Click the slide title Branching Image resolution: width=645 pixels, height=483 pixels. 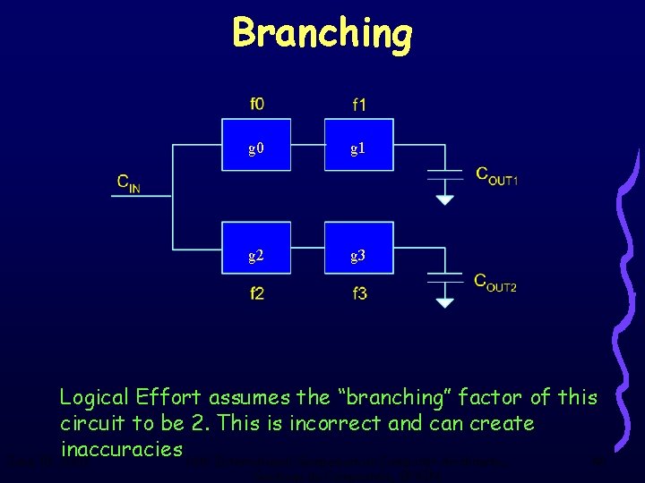[x=322, y=34]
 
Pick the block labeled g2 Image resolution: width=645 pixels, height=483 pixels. [x=256, y=256]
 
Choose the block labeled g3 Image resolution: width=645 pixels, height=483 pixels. [x=357, y=256]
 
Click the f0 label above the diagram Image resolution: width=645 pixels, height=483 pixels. [x=257, y=104]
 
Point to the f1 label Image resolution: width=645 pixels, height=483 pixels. [x=358, y=105]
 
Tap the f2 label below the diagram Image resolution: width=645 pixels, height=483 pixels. [x=257, y=293]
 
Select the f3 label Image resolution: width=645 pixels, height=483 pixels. [x=358, y=293]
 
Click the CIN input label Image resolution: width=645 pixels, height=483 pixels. [x=128, y=182]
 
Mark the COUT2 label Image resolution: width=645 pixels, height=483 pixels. [x=494, y=283]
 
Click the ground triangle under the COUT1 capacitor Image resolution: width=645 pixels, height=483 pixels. [x=444, y=200]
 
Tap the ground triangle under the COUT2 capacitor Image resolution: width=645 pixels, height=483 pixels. [x=444, y=303]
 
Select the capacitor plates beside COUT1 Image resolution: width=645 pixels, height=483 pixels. [x=444, y=173]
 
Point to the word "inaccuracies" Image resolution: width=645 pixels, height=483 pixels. [x=121, y=448]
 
